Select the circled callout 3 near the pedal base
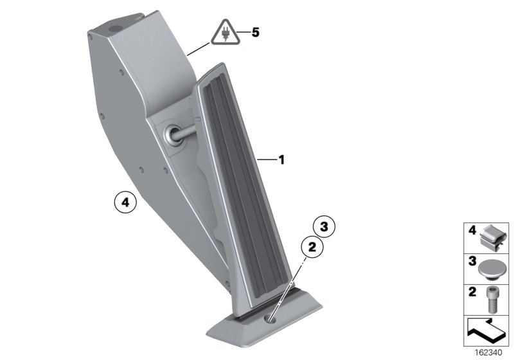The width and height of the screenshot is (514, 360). pyautogui.click(x=324, y=226)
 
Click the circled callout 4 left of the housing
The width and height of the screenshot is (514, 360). pyautogui.click(x=125, y=203)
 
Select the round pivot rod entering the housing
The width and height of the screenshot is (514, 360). pyautogui.click(x=183, y=133)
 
